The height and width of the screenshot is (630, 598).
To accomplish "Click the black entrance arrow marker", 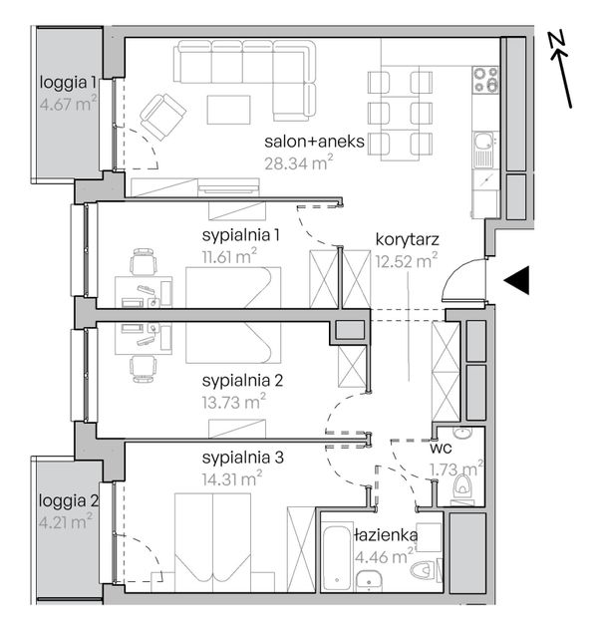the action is [x=517, y=280].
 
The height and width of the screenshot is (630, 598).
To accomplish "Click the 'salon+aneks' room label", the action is [x=315, y=142].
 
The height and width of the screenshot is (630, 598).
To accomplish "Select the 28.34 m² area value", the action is [x=298, y=162].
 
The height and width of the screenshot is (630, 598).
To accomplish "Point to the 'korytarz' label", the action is [x=408, y=240].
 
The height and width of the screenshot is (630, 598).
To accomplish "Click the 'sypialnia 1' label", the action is [x=240, y=235].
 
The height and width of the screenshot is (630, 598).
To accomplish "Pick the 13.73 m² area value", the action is [x=233, y=402].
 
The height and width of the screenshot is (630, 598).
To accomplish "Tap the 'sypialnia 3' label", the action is [x=242, y=458].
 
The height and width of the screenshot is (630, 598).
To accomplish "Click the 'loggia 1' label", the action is [x=68, y=83].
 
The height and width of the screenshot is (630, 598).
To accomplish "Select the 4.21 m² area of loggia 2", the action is [x=66, y=521].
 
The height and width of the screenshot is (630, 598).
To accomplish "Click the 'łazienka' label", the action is [x=386, y=535].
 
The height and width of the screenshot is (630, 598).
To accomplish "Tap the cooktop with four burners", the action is [x=485, y=80].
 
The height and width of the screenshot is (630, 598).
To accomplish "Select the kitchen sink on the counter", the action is [x=482, y=150].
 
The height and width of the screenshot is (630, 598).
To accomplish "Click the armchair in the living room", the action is [x=162, y=117].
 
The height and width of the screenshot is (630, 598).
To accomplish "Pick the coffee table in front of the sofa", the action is [x=229, y=110].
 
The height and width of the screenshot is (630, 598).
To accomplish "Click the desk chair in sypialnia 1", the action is [x=143, y=261].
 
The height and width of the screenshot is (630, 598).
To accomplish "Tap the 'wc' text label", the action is [x=441, y=448].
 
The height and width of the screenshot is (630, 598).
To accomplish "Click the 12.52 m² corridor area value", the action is [x=407, y=261].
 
